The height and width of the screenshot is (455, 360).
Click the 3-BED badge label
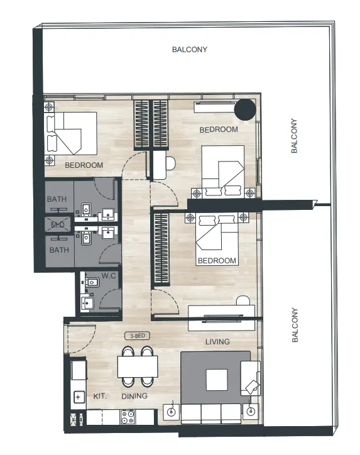click(x=136, y=336)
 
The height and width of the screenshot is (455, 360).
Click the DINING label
click(x=134, y=397)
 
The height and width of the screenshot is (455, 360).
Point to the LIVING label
click(x=217, y=342)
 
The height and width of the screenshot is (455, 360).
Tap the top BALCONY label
click(x=189, y=50)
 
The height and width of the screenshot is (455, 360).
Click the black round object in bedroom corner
click(x=244, y=109)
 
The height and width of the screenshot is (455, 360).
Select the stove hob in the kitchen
click(x=128, y=415)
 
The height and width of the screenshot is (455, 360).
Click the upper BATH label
click(x=58, y=200)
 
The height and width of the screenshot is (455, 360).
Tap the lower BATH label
click(x=58, y=250)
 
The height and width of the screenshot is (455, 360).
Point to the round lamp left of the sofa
click(x=170, y=412)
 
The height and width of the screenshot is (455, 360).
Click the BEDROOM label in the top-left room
click(x=84, y=165)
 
